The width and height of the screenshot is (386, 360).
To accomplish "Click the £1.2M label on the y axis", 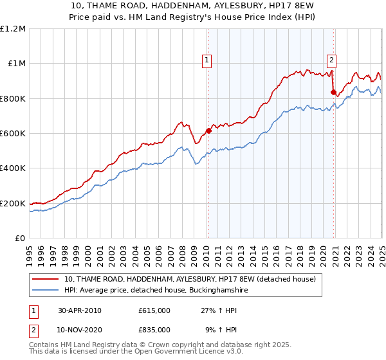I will click(13, 29).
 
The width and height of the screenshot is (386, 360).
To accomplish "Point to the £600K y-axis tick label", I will click(13, 134).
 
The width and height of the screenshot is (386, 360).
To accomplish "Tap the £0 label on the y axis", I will click(20, 239).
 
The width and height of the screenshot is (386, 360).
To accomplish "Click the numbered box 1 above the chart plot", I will click(207, 61).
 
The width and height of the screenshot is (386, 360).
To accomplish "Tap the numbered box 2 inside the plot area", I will click(331, 61).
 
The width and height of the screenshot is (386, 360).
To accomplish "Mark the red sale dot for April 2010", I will click(208, 131).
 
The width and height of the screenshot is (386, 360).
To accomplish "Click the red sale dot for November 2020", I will click(333, 93).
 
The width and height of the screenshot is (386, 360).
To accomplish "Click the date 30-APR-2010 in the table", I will click(80, 310).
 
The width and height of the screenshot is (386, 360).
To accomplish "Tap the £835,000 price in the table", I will click(154, 329).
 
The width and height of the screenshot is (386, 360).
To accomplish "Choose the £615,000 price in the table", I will click(154, 310).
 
